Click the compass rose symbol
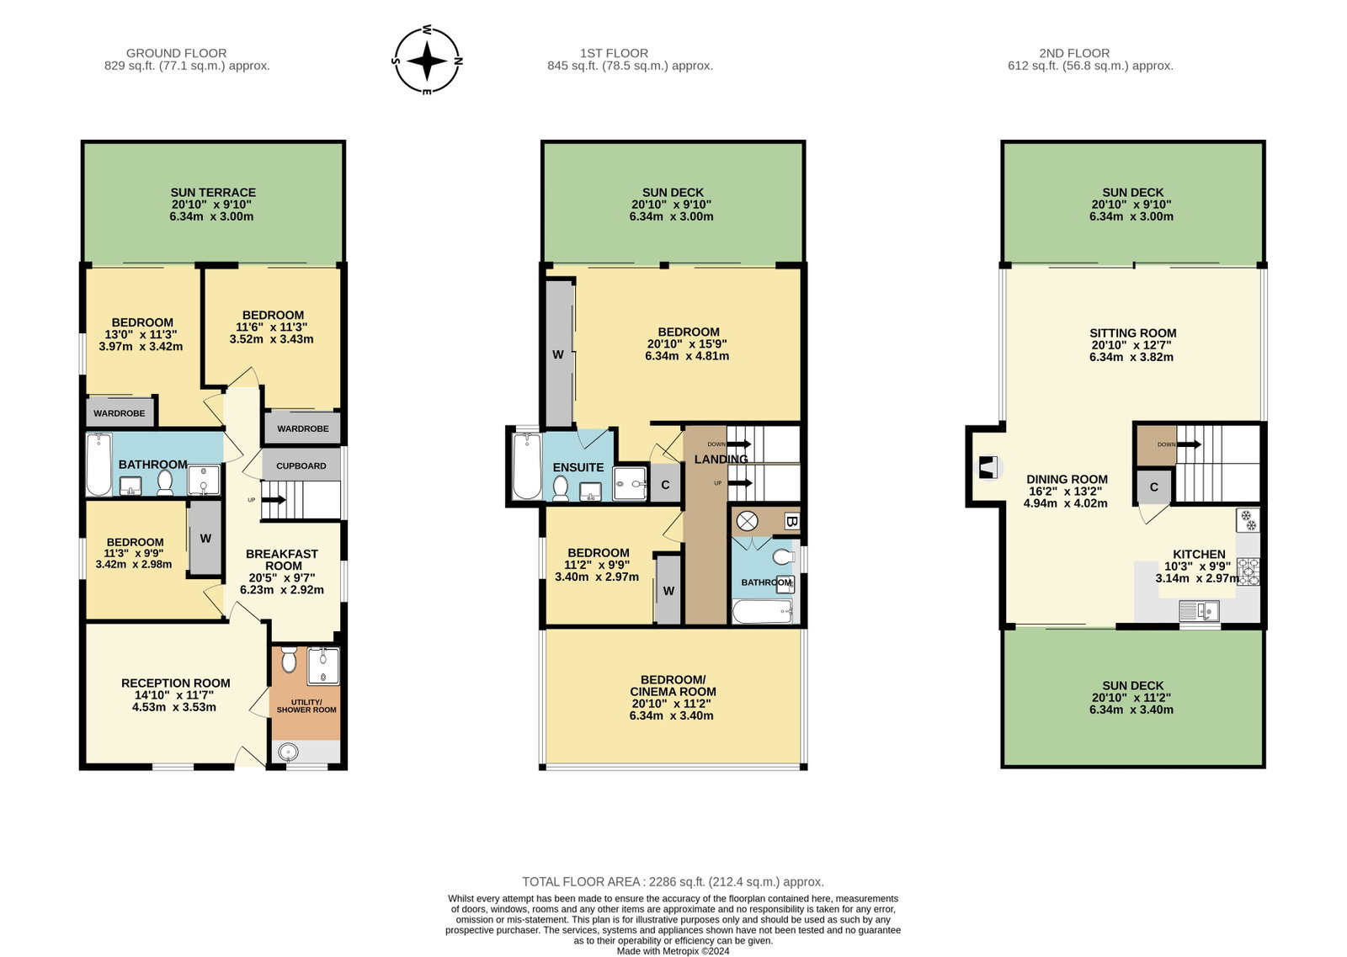(427, 60)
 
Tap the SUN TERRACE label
(213, 193)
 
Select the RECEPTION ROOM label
(176, 683)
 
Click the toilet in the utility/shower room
(290, 659)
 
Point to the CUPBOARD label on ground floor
(301, 466)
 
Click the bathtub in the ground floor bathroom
(99, 464)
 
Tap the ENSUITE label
(578, 467)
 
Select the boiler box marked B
(792, 522)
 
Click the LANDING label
(721, 460)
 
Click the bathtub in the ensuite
(527, 466)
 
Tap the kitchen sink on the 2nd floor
(1199, 611)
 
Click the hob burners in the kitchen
(1249, 572)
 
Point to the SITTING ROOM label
(1133, 333)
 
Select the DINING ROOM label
(1067, 479)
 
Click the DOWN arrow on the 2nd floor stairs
(1189, 445)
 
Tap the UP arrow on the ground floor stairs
(274, 499)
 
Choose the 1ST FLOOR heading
(614, 53)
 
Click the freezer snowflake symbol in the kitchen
(1248, 520)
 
